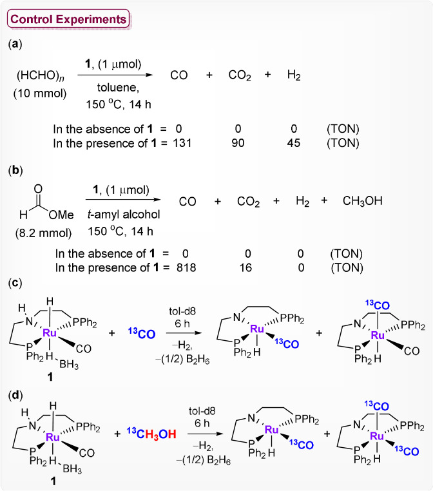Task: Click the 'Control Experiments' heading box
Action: point(68,19)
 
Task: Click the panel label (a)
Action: point(15,44)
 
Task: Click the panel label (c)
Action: point(15,284)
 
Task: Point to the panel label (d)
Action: point(15,392)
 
